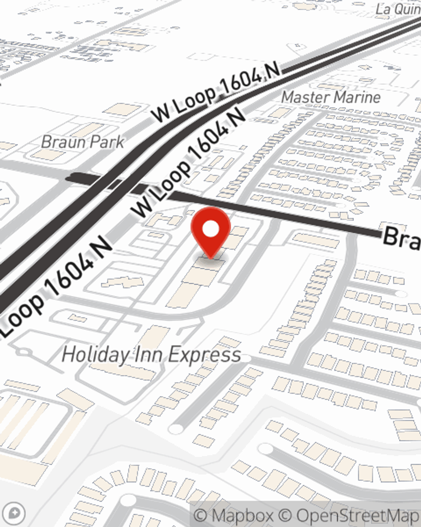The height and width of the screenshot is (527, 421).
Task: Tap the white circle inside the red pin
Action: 210,229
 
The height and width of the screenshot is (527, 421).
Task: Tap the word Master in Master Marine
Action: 304,97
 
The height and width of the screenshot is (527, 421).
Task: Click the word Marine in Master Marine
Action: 355,97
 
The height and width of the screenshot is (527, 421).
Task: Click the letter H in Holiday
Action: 69,355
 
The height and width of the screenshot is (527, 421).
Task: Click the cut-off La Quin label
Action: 398,8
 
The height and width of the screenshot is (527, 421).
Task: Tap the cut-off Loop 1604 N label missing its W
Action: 55,287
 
